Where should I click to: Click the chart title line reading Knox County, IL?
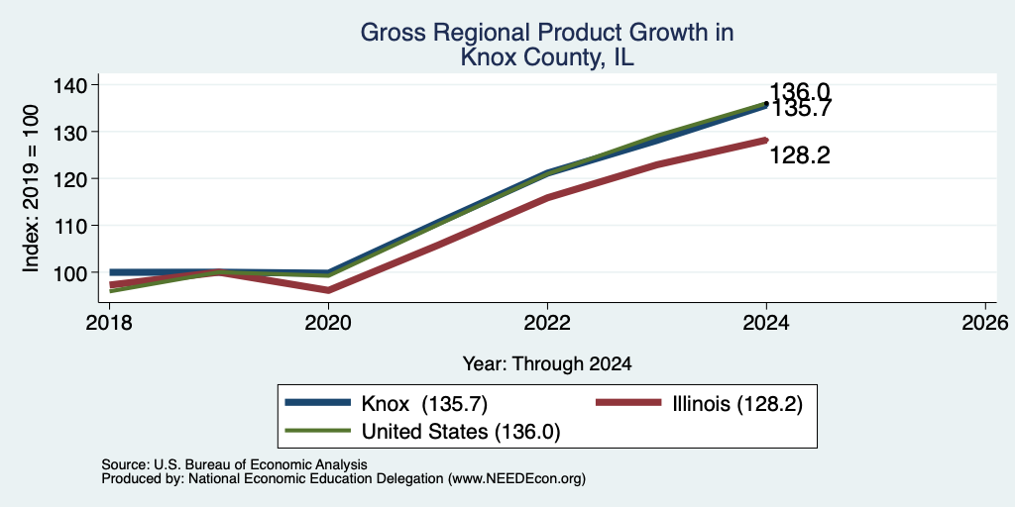pyautogui.click(x=547, y=57)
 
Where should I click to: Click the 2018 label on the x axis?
pyautogui.click(x=109, y=322)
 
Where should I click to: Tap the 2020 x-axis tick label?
pyautogui.click(x=328, y=322)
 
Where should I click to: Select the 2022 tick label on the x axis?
pyautogui.click(x=547, y=322)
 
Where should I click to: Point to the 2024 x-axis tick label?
pyautogui.click(x=766, y=322)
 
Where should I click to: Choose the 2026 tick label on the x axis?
pyautogui.click(x=985, y=322)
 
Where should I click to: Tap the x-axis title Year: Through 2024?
pyautogui.click(x=547, y=364)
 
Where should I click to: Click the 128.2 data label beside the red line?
pyautogui.click(x=800, y=155)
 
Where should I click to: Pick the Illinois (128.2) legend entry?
pyautogui.click(x=699, y=404)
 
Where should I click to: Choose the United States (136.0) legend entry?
pyautogui.click(x=422, y=432)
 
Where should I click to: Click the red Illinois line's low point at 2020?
pyautogui.click(x=328, y=290)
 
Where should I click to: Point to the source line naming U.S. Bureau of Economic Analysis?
pyautogui.click(x=234, y=464)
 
